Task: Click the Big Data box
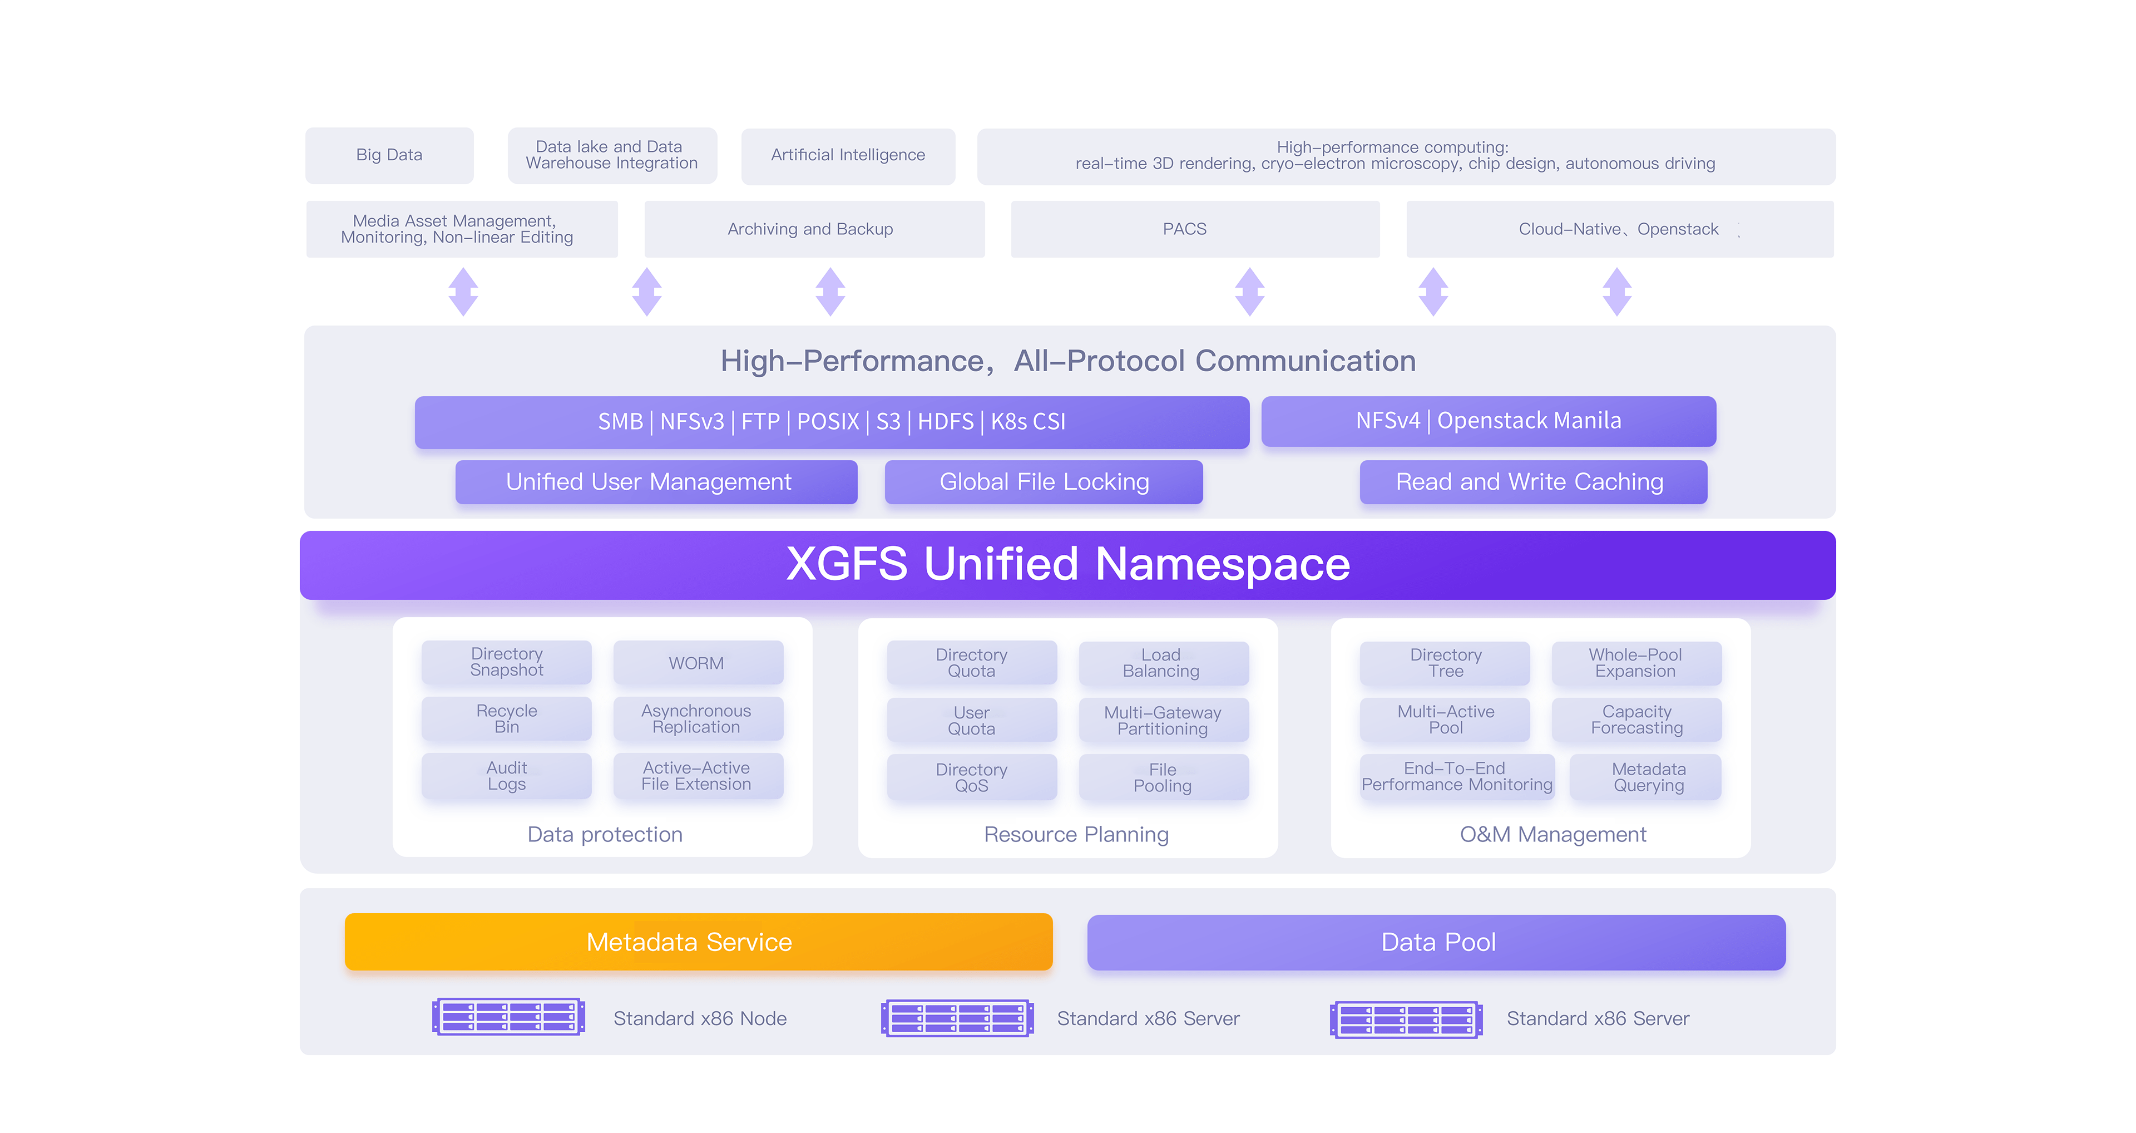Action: pyautogui.click(x=389, y=155)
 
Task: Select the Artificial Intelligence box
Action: pyautogui.click(x=847, y=155)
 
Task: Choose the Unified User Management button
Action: pyautogui.click(x=656, y=482)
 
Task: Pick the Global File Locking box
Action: pyautogui.click(x=1043, y=482)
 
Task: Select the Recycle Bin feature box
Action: pyautogui.click(x=507, y=718)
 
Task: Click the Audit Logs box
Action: pyautogui.click(x=507, y=776)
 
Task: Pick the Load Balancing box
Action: pyautogui.click(x=1163, y=663)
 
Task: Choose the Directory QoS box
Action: pyautogui.click(x=971, y=777)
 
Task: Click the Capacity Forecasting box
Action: pyautogui.click(x=1636, y=719)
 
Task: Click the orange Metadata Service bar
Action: pyautogui.click(x=698, y=942)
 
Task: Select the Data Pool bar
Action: pyautogui.click(x=1436, y=942)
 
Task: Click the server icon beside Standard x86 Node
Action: pyautogui.click(x=508, y=1016)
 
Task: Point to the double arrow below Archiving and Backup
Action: pyautogui.click(x=830, y=291)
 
